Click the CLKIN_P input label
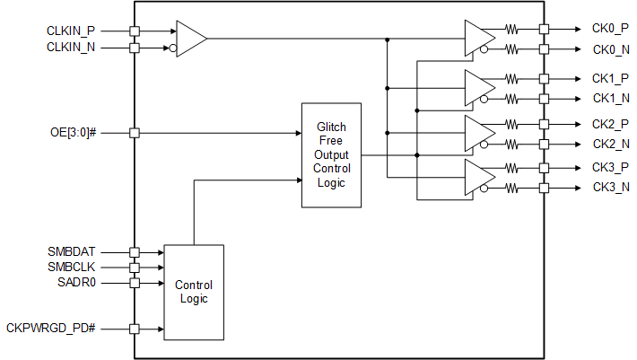point(71,31)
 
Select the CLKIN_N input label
point(71,47)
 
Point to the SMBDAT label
point(72,252)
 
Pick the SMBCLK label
point(72,268)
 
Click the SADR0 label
point(76,283)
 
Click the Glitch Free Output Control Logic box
point(331,155)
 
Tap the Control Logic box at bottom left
point(193,292)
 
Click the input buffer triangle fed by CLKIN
point(189,39)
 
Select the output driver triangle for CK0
point(478,39)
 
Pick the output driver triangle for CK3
point(478,178)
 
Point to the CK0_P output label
point(610,30)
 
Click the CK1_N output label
point(610,97)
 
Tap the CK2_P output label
point(610,123)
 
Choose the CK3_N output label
point(610,188)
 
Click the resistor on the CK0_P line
point(513,30)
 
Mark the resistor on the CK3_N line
point(513,188)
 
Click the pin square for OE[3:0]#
point(135,133)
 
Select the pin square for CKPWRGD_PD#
point(135,329)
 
